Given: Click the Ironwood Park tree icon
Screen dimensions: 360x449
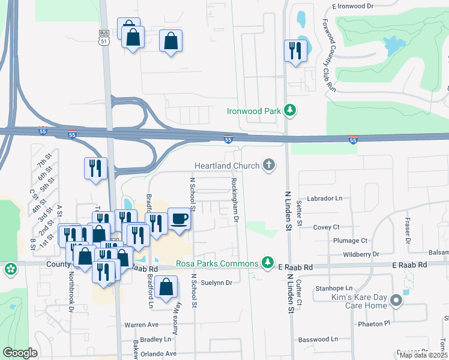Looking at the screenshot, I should (x=290, y=110).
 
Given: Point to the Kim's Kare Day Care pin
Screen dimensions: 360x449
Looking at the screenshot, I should (x=396, y=300).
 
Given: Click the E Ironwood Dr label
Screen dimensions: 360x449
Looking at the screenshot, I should (x=353, y=6).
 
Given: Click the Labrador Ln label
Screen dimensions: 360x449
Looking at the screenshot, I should (x=324, y=198).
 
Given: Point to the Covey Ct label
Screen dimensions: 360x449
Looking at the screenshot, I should (x=327, y=227).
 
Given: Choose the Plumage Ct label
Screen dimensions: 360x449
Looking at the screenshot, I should (x=350, y=241).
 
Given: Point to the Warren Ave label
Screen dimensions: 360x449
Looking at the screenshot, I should (x=141, y=325).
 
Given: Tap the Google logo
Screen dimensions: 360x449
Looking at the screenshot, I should (x=20, y=353).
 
